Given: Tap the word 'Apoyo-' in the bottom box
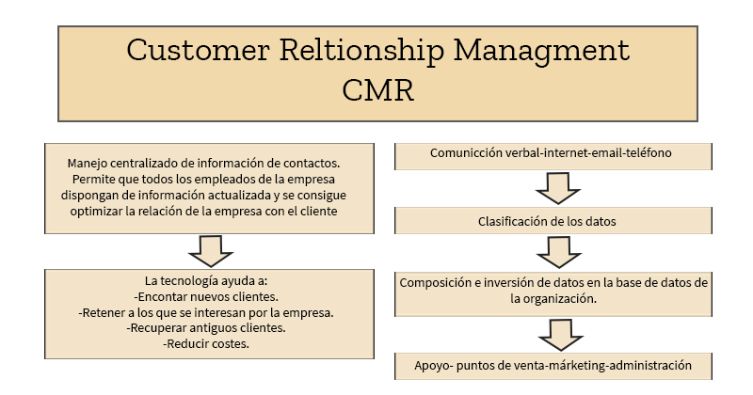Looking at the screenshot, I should click(x=434, y=365).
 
